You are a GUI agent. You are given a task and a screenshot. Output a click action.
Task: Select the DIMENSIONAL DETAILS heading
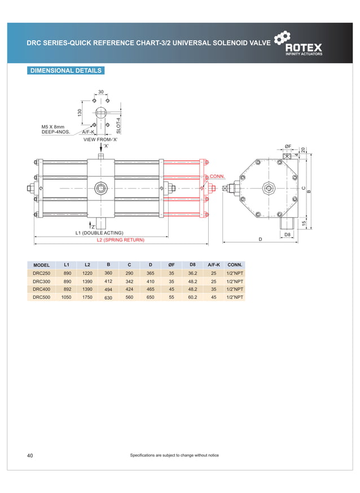coord(65,71)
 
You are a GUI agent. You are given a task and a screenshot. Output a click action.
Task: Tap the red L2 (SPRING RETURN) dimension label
coord(120,240)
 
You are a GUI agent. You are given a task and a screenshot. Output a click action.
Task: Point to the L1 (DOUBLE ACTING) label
coord(99,233)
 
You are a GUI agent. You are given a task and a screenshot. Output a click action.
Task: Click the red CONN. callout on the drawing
coord(218,176)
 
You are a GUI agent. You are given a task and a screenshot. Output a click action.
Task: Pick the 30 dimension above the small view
coord(101,91)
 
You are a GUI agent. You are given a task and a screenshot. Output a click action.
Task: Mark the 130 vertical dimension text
coord(80,113)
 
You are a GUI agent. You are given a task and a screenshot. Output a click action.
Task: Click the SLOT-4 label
coord(118,125)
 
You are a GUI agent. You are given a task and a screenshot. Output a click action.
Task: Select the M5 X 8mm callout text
coord(53,127)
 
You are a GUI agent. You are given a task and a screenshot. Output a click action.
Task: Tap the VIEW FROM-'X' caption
coord(100,139)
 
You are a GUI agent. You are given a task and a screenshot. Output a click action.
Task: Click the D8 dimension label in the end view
coord(287,234)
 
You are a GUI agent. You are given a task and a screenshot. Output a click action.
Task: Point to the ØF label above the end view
coord(288,147)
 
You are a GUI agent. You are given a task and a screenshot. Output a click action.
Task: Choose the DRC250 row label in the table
coord(42,273)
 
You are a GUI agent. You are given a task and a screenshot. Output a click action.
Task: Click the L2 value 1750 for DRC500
coord(87,296)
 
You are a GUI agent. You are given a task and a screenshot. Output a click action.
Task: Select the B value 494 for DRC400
coord(108,289)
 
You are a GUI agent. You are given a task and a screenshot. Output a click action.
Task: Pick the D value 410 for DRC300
coord(150,281)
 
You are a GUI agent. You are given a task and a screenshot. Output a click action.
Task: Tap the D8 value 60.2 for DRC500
coord(192,296)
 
